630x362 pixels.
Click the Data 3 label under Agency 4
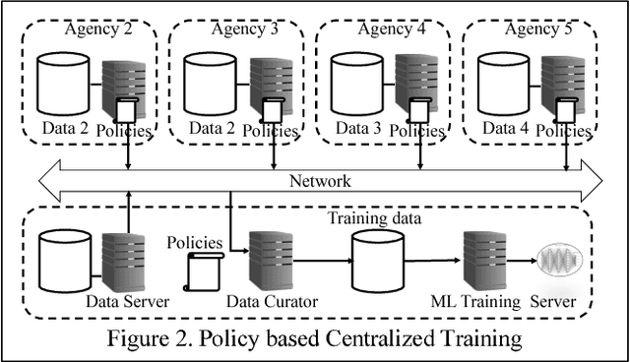click(x=358, y=129)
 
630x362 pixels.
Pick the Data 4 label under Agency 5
click(x=504, y=129)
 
